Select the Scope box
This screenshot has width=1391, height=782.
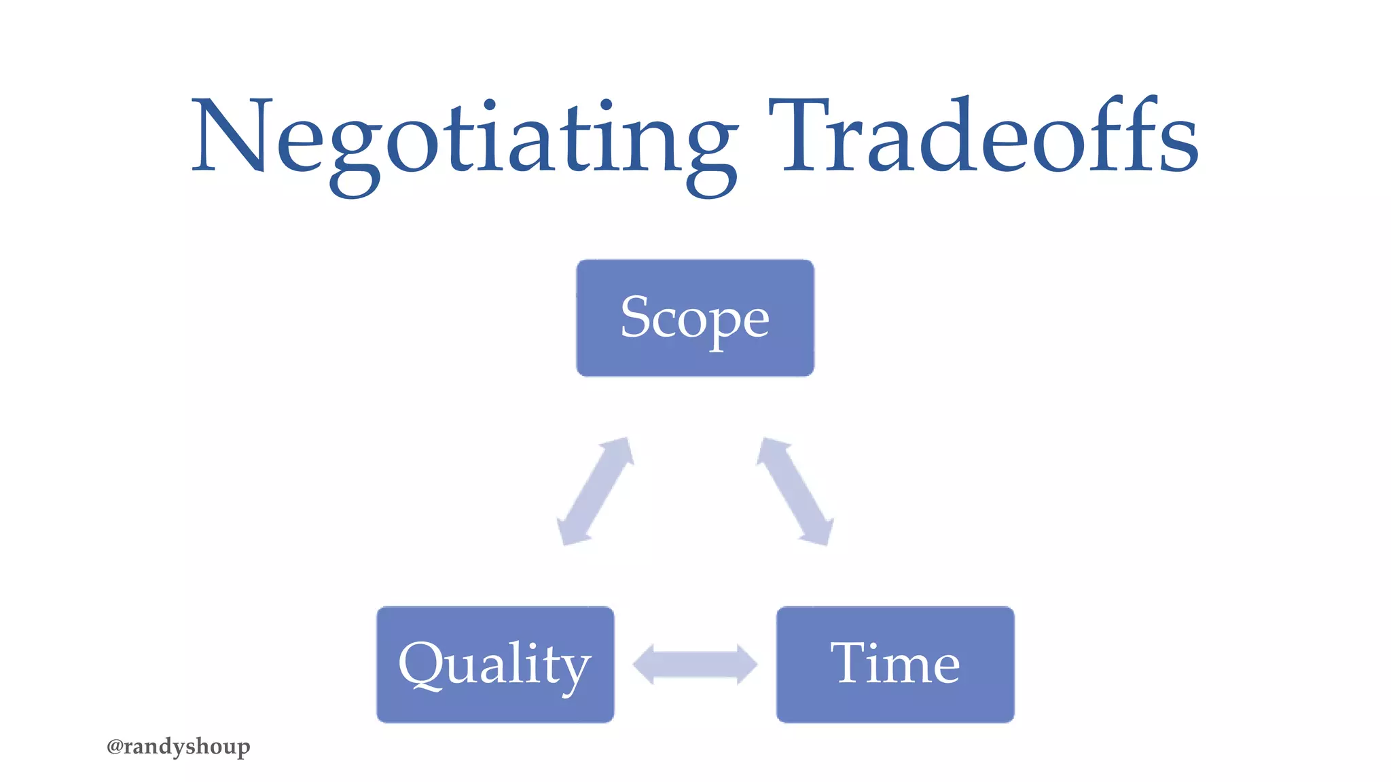695,318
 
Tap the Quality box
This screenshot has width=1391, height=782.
495,665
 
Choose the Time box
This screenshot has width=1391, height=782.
895,665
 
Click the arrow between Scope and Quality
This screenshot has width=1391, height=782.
595,491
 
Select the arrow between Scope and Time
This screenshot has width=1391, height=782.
795,491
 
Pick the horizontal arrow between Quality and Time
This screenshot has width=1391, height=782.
695,664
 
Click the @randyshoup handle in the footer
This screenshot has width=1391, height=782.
179,747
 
